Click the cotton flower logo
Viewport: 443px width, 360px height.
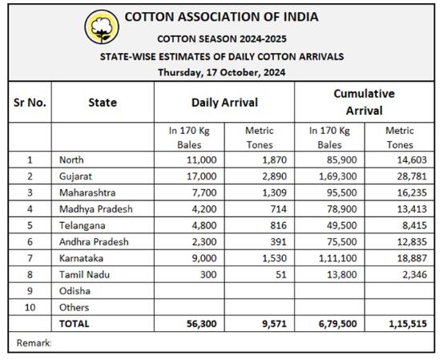(102, 27)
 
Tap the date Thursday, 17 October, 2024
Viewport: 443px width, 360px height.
(221, 72)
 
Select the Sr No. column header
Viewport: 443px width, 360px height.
(30, 103)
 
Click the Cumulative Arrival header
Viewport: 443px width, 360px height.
(364, 102)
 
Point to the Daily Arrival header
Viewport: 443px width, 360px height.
(224, 103)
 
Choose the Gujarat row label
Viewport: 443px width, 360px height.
(75, 176)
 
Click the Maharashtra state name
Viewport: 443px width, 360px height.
(87, 193)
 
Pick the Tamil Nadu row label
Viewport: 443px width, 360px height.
(84, 274)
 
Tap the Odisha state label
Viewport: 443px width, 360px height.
(75, 291)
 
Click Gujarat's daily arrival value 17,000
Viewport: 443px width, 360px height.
(201, 176)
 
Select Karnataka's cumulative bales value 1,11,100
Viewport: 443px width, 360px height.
(337, 258)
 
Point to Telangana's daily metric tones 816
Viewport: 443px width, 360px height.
(278, 225)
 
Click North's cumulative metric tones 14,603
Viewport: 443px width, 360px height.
(412, 160)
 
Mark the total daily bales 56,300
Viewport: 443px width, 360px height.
(201, 324)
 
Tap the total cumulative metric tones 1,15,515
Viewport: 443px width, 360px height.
(408, 324)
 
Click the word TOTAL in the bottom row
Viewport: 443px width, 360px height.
(74, 324)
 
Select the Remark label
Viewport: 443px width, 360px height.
(34, 343)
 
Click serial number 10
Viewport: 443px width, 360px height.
(30, 307)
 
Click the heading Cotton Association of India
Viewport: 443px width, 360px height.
(221, 17)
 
